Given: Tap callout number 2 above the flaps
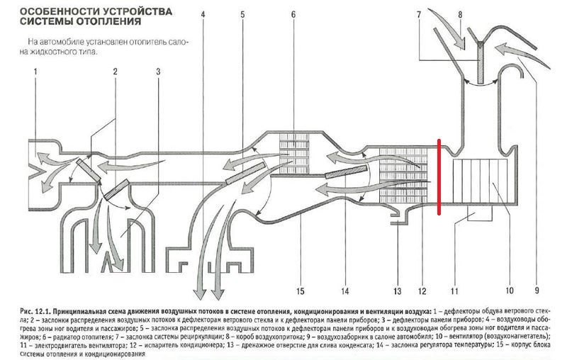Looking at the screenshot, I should [x=115, y=72].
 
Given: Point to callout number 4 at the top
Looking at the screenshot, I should [x=203, y=13].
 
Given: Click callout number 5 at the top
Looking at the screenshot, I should [x=242, y=13].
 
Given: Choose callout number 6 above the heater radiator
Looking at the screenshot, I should [x=293, y=13].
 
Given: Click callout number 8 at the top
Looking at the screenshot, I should [x=461, y=13].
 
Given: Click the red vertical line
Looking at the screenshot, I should [x=439, y=177].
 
